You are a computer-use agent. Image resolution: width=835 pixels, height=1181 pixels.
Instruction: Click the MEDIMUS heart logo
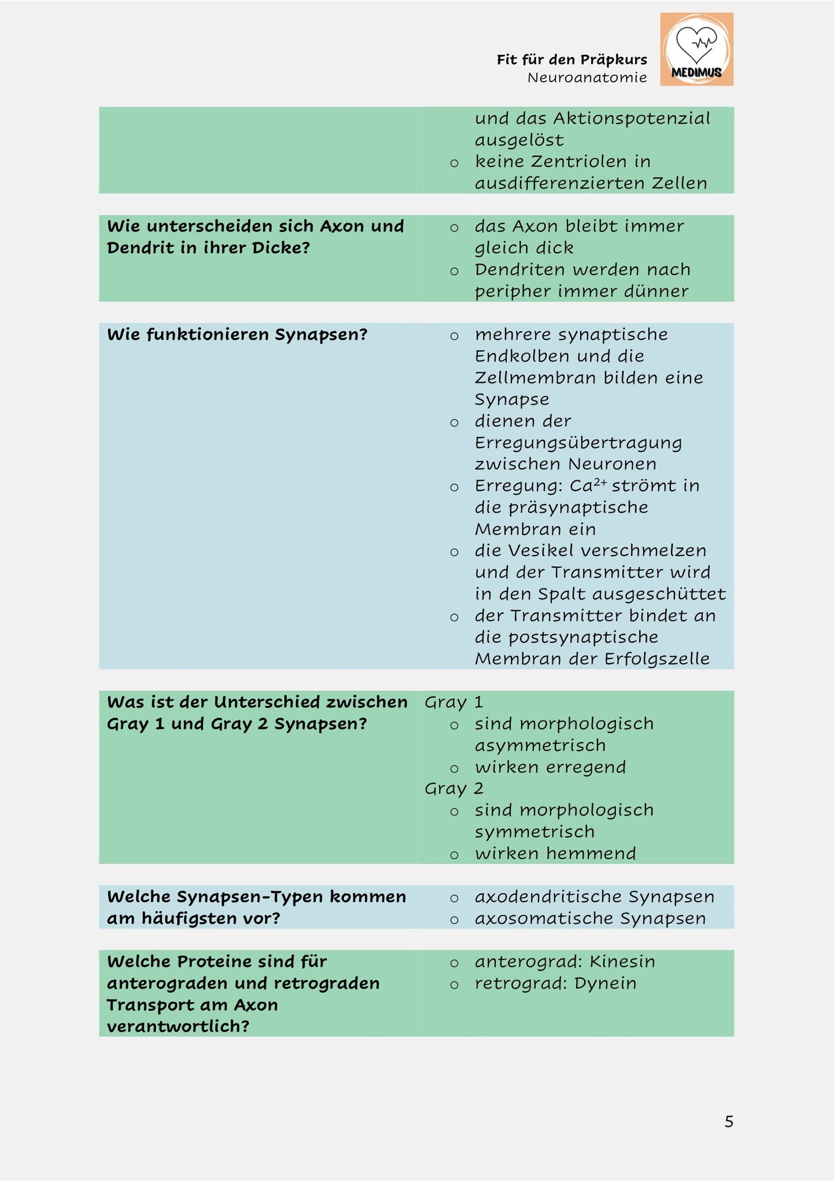(696, 49)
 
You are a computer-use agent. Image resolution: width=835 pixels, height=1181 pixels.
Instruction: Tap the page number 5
(729, 1121)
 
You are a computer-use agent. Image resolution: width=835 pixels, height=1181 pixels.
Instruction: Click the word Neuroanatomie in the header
(587, 77)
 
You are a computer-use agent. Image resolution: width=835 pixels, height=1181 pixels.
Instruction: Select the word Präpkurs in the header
(614, 60)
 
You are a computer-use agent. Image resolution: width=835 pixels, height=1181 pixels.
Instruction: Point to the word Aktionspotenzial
(632, 119)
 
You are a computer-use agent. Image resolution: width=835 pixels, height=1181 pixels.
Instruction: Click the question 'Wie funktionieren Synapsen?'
(237, 335)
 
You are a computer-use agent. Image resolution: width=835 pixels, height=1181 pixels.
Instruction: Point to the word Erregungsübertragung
(578, 443)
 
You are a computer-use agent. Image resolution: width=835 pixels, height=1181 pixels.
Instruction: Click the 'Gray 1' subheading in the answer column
(454, 702)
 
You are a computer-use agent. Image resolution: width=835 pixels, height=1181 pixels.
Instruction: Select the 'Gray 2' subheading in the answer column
(454, 788)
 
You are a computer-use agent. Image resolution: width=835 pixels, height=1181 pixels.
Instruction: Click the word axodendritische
(548, 897)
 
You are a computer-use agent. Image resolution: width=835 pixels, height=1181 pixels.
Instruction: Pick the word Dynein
(605, 984)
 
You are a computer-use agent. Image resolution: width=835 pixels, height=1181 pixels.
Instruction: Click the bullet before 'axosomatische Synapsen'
(454, 920)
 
